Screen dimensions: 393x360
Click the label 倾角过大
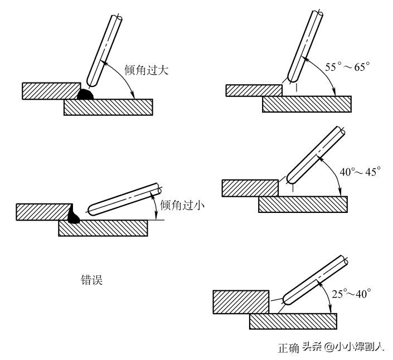click(147, 70)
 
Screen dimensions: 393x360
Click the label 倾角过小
click(182, 205)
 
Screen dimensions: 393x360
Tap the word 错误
click(92, 280)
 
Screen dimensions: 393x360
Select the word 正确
click(289, 348)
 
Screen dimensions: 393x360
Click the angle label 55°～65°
click(348, 67)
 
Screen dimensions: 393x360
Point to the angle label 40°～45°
click(361, 172)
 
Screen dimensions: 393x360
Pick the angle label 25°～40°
click(351, 294)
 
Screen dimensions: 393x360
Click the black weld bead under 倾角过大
click(85, 94)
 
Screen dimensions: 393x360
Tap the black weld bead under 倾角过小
click(73, 215)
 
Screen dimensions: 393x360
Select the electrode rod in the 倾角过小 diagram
click(124, 200)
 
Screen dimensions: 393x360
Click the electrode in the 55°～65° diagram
click(305, 46)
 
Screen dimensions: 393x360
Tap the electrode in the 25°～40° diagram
click(316, 280)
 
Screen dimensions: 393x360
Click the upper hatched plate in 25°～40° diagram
click(241, 302)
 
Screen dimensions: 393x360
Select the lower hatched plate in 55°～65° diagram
click(307, 104)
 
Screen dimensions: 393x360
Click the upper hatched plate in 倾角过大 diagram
click(51, 91)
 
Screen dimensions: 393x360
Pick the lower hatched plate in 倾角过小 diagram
click(103, 228)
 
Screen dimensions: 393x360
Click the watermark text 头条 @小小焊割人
click(343, 347)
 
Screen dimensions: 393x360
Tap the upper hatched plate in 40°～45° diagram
click(250, 188)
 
